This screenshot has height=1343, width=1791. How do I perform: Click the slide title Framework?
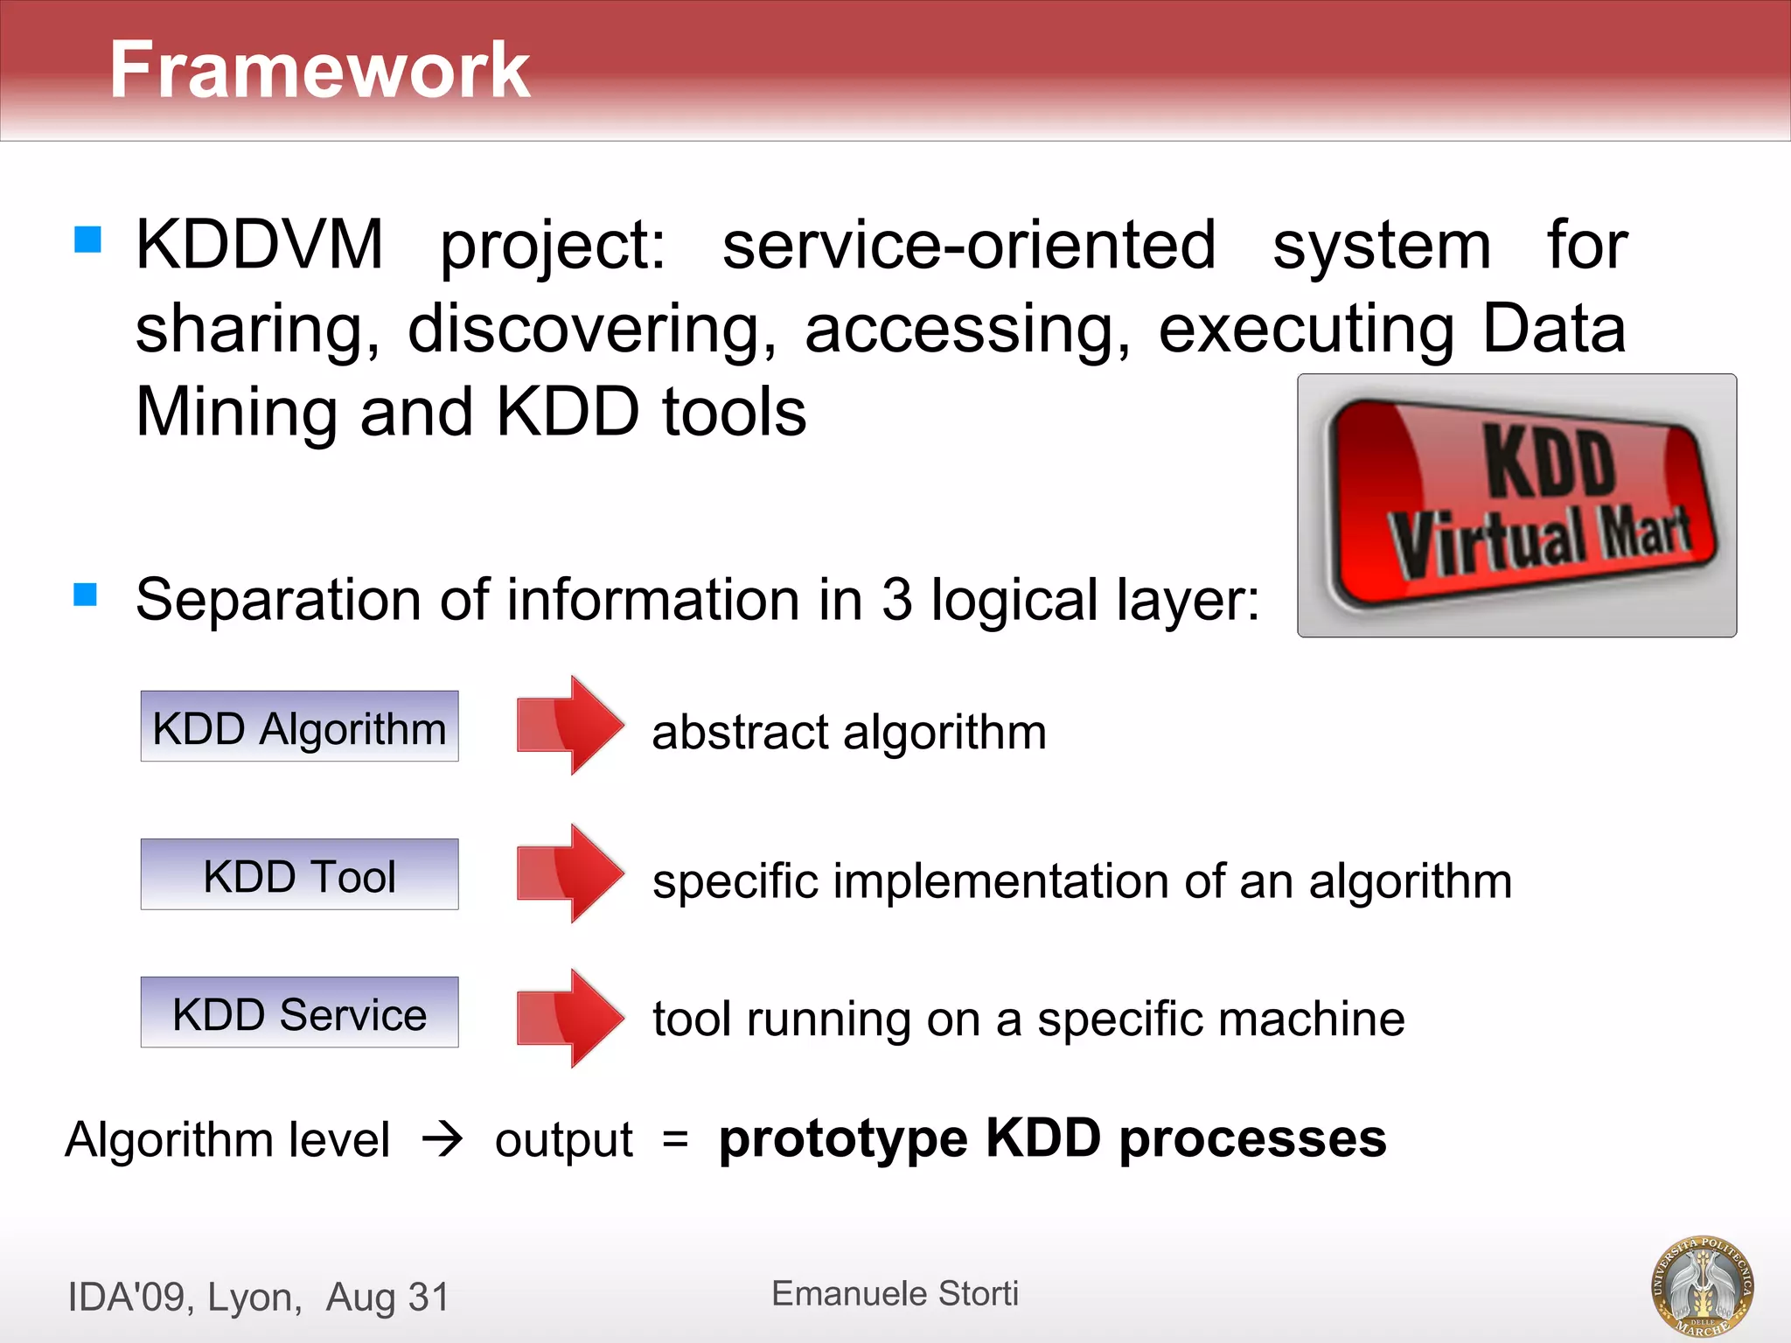319,70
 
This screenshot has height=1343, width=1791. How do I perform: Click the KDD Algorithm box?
299,727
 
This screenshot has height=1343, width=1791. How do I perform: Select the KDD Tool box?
299,874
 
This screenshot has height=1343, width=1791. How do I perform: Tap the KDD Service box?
299,1012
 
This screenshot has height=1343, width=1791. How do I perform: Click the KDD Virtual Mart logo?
1517,505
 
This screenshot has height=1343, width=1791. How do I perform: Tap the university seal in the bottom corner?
1702,1285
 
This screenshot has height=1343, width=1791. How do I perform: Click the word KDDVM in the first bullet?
260,245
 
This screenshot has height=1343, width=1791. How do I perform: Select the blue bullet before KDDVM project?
88,239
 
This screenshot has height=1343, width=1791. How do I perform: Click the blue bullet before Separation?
86,595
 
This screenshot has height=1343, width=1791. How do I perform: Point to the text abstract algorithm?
848,732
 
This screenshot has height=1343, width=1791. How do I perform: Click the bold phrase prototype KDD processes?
1052,1138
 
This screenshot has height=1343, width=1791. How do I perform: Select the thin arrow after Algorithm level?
443,1138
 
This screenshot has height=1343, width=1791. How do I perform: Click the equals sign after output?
675,1138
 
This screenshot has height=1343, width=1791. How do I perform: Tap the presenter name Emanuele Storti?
895,1293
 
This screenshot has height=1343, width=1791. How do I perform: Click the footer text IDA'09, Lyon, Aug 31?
259,1297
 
